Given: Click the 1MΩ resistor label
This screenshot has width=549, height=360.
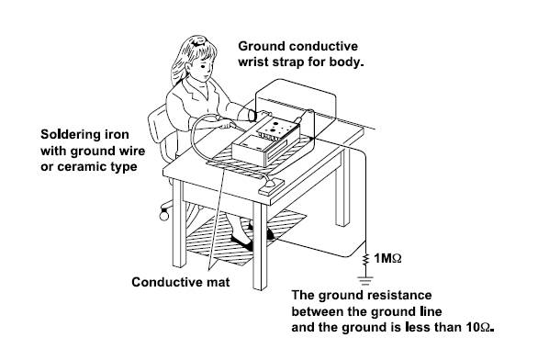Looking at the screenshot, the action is (x=387, y=258).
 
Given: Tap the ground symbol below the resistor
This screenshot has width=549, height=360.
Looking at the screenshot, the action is (x=365, y=280).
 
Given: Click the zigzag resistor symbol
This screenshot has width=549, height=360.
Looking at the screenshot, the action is (x=365, y=260).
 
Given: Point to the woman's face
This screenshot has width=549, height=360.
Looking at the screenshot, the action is (x=205, y=69).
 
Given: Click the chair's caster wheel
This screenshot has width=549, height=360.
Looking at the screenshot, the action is (x=163, y=215).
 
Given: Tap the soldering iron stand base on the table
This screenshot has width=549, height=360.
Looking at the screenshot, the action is (x=272, y=186).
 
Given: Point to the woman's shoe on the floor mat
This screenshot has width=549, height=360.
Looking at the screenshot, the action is (x=241, y=242).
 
